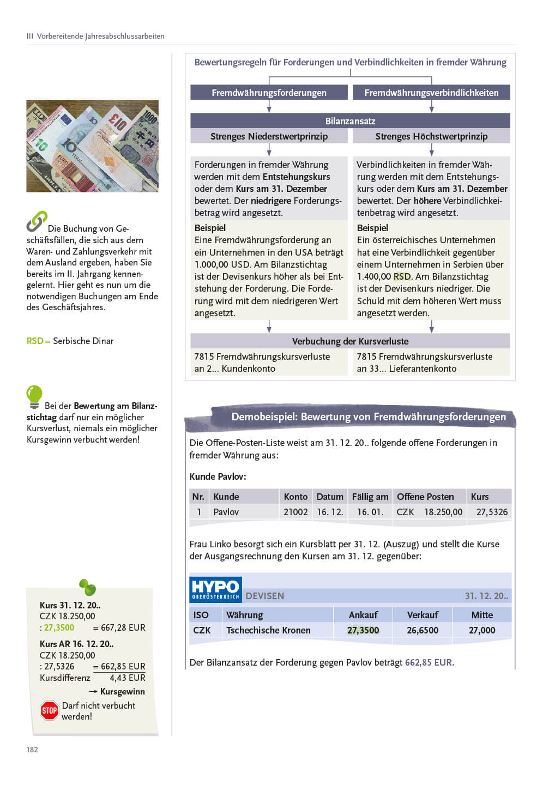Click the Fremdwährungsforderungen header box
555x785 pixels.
point(269,93)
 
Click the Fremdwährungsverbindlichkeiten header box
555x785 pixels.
point(431,93)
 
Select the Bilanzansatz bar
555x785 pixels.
point(350,120)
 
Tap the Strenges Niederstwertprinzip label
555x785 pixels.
point(269,136)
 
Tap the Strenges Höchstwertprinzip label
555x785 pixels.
point(431,136)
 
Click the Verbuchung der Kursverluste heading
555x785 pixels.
point(350,341)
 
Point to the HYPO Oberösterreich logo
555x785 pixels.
point(216,589)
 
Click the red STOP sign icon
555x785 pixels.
point(50,710)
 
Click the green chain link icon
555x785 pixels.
point(37,221)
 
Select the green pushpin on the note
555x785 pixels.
point(87,587)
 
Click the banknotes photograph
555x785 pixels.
point(92,146)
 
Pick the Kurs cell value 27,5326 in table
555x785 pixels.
point(492,512)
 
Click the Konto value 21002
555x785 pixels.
point(295,512)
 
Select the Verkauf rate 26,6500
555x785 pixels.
point(422,630)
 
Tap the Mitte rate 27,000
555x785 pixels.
point(482,630)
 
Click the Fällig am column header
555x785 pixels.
point(370,497)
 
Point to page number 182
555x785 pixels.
point(32,750)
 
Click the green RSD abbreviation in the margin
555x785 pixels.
point(35,341)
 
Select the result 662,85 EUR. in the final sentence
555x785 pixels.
point(429,662)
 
